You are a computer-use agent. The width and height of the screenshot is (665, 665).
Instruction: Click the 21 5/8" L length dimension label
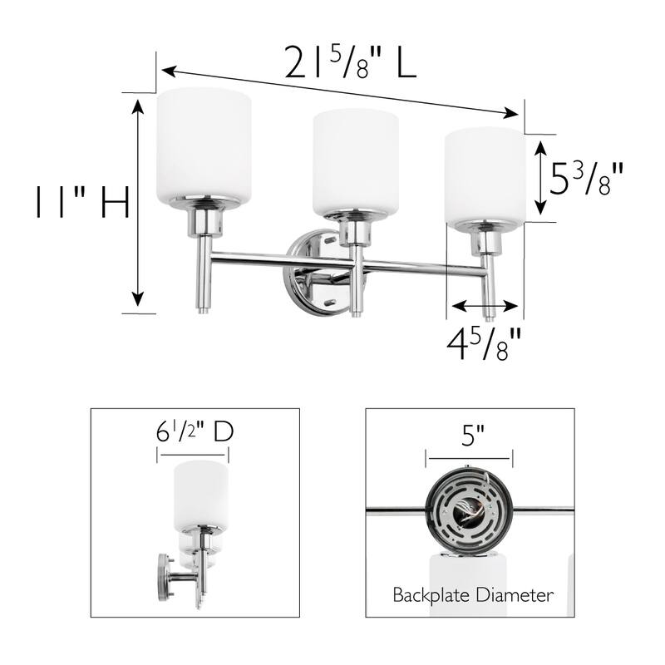point(350,63)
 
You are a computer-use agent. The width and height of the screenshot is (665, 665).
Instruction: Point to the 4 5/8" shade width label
point(485,342)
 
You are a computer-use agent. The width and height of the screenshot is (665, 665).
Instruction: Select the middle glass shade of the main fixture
point(355,162)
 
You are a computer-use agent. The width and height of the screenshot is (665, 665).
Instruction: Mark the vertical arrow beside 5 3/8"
point(540,177)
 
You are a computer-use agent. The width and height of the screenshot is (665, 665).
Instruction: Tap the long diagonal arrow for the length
point(341,92)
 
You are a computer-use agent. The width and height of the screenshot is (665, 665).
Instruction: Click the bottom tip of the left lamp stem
point(203,313)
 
